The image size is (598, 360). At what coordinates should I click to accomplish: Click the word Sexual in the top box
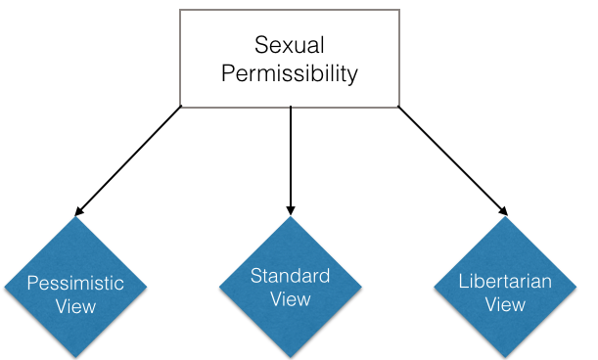point(291,45)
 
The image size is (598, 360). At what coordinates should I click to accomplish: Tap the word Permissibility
point(290,73)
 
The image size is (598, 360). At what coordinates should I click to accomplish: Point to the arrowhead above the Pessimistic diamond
point(79,210)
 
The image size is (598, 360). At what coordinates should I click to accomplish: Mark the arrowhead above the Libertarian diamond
point(503,209)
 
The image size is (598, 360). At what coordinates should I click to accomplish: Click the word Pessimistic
point(75,284)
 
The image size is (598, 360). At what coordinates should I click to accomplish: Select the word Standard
point(290,275)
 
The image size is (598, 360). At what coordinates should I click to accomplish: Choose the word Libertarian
point(505,283)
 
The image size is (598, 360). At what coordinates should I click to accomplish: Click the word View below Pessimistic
point(75,306)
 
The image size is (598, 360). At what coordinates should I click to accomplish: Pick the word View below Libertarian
point(505,304)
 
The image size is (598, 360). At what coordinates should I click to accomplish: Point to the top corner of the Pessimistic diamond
point(75,217)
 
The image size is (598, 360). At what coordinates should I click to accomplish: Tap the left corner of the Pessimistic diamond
point(4,289)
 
